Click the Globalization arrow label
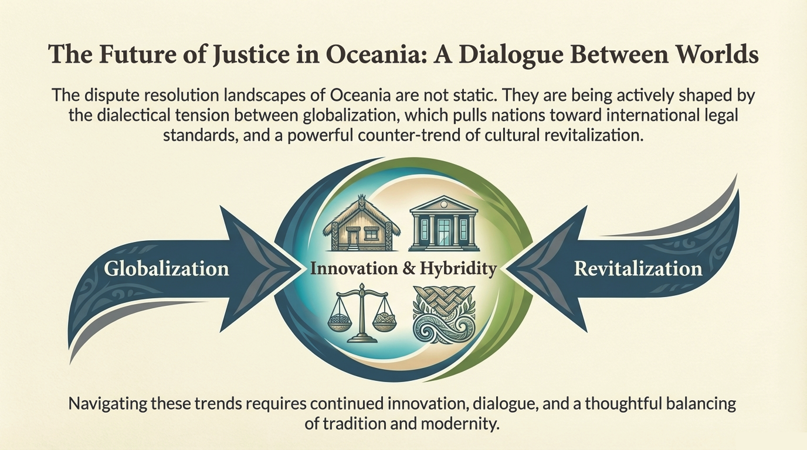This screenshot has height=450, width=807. coord(167,269)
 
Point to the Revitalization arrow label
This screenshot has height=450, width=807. coord(638,269)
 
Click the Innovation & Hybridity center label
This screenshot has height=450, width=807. coord(403,269)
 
